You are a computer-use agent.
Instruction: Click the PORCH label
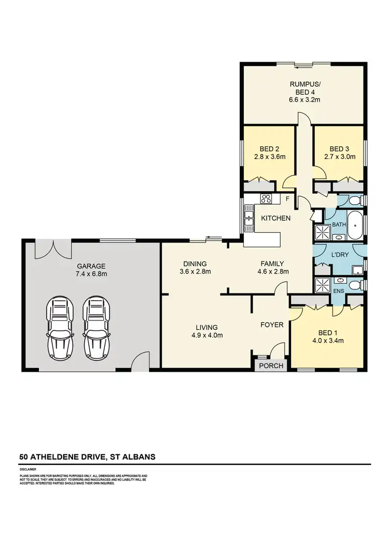coord(271,366)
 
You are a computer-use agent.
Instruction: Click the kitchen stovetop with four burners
coord(267,198)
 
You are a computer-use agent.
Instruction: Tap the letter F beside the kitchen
coord(287,199)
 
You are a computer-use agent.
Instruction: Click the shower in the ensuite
coord(324,285)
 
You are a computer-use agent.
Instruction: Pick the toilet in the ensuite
coord(355,285)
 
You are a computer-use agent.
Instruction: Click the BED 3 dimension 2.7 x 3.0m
coord(340,156)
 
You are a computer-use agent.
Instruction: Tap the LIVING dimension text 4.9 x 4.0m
coord(206,335)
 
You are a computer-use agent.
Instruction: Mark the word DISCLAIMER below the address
coord(29,469)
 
